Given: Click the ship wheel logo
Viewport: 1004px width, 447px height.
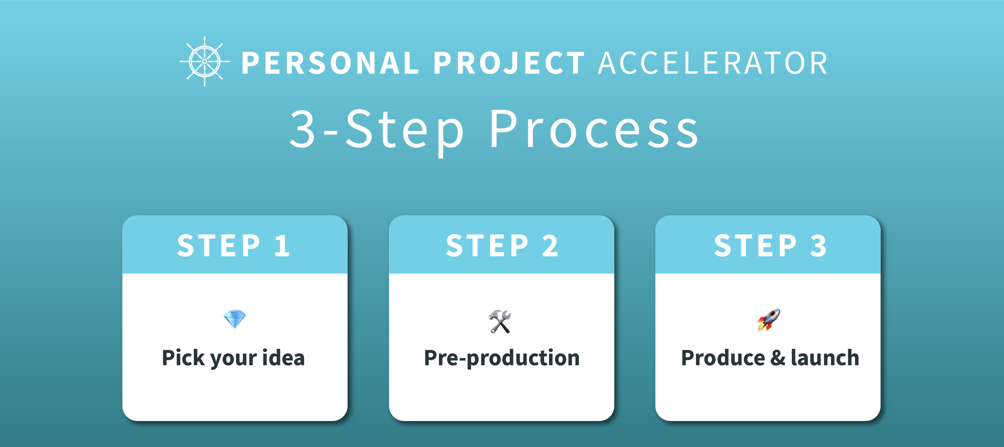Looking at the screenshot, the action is tap(205, 62).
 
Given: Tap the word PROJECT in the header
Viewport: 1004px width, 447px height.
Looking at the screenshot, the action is tap(509, 63).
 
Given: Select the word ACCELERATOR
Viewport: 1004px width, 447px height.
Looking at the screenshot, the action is tap(713, 63).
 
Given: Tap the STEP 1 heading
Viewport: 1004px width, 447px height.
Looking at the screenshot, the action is tap(233, 245).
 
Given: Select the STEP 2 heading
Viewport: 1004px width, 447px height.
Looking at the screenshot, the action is tap(502, 245).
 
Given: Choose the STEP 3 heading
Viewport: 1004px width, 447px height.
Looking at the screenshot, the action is tap(770, 245).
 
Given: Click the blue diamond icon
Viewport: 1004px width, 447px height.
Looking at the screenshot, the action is tap(235, 319).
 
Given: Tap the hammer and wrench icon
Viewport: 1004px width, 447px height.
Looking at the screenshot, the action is tap(499, 321).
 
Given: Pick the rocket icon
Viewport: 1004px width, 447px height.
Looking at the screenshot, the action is tap(769, 319).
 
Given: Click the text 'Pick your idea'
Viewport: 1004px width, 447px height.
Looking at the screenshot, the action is tap(233, 358).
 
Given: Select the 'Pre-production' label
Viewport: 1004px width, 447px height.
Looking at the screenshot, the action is tap(501, 358).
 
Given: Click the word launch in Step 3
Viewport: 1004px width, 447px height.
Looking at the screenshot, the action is tap(825, 357).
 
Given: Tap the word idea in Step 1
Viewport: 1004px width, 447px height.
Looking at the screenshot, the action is tap(283, 357).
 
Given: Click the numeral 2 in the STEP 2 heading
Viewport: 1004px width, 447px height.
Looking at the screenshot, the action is tap(550, 245).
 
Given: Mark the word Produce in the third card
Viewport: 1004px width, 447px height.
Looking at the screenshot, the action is tap(723, 357).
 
